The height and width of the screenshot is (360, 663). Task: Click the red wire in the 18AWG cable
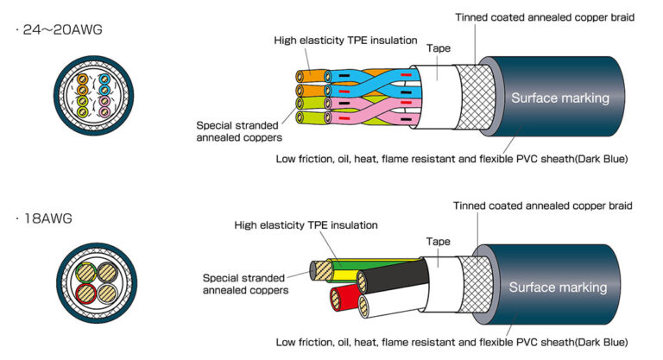[x=338, y=301]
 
